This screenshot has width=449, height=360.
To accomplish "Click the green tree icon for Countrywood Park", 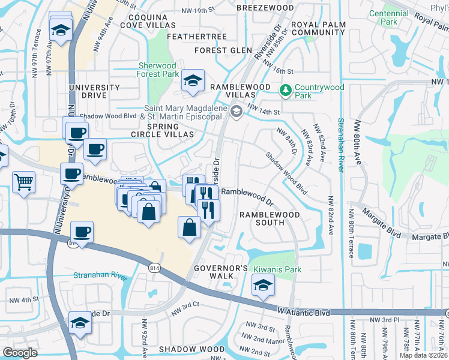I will click(286, 91).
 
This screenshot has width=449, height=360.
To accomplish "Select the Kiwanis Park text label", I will click(277, 269).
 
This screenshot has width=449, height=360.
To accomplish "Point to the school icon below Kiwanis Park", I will click(262, 286).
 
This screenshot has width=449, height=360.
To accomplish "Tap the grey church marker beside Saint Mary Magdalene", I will click(237, 111).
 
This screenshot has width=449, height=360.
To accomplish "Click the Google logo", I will click(20, 353).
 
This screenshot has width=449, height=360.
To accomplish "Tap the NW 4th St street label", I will click(24, 298).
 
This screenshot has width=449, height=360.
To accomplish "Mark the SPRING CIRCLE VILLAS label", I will click(163, 130).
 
